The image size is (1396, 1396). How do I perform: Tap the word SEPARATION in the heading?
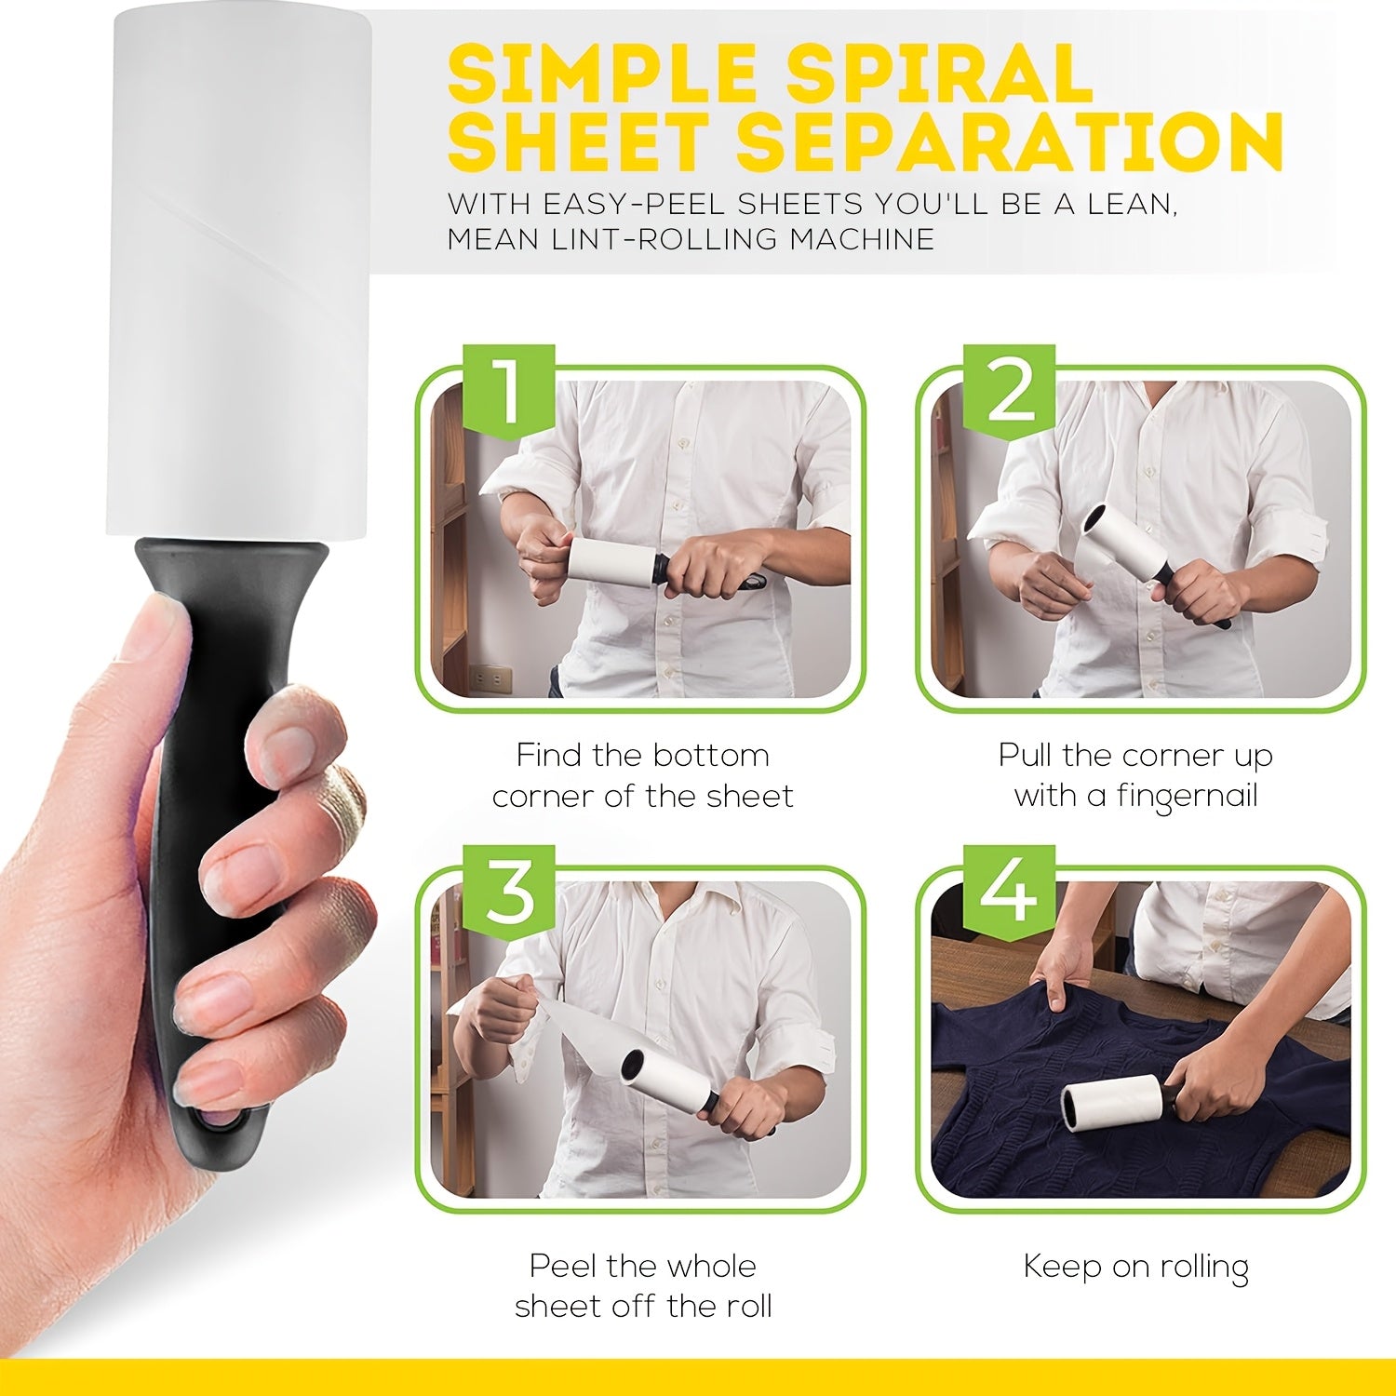tap(1011, 141)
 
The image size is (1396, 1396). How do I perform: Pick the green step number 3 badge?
tap(509, 892)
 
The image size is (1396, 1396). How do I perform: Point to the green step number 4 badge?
tap(1009, 892)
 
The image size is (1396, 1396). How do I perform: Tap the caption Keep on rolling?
tap(1135, 1267)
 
